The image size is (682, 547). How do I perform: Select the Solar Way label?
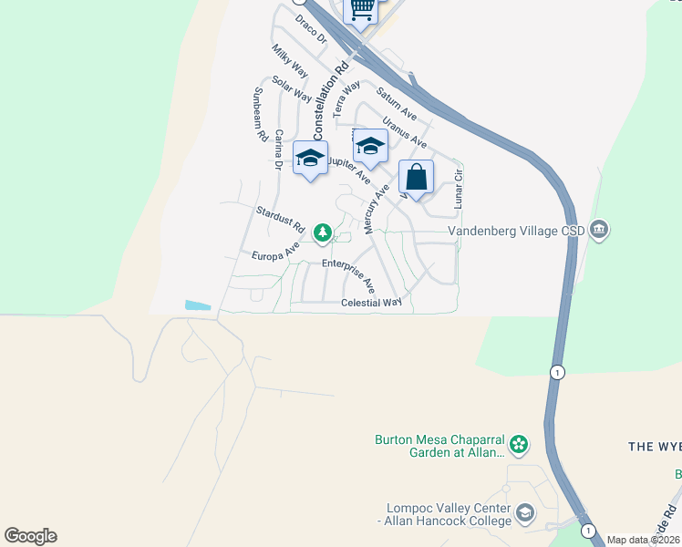point(292,89)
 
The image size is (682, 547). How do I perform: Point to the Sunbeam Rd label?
point(260,114)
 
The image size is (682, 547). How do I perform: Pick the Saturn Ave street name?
point(397,105)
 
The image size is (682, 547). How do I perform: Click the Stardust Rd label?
point(279,218)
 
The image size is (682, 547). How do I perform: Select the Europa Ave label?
point(276,253)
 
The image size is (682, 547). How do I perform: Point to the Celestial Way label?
point(371,303)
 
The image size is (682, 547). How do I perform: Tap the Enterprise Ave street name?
point(356,273)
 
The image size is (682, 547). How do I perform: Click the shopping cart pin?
point(361,10)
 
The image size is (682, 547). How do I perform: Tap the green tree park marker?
point(322,234)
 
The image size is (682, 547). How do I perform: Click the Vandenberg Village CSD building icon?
point(599,228)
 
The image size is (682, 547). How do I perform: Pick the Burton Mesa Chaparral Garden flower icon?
point(519,445)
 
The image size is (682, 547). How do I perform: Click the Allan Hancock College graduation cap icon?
point(525,515)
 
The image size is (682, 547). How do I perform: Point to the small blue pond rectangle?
point(197,305)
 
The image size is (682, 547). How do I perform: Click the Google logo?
point(30,536)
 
